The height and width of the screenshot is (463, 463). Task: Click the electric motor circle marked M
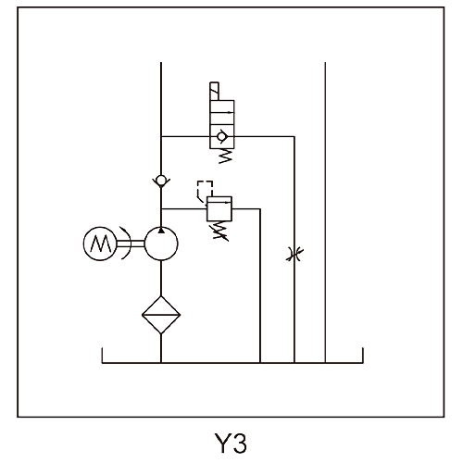pyautogui.click(x=100, y=244)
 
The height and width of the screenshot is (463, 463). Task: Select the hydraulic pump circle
pyautogui.click(x=161, y=244)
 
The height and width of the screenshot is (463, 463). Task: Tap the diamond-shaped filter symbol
pyautogui.click(x=161, y=315)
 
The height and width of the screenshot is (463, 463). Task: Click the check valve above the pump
pyautogui.click(x=161, y=181)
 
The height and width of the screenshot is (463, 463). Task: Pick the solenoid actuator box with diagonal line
pyautogui.click(x=214, y=91)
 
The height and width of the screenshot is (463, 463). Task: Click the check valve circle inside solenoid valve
pyautogui.click(x=221, y=136)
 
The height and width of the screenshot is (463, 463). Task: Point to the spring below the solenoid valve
pyautogui.click(x=225, y=156)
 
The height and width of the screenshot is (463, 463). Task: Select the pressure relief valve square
pyautogui.click(x=219, y=209)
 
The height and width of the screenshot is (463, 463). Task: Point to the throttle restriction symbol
pyautogui.click(x=294, y=255)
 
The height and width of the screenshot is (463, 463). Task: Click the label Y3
pyautogui.click(x=231, y=444)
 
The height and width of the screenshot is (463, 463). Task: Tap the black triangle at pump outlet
pyautogui.click(x=161, y=231)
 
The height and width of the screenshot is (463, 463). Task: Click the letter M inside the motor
pyautogui.click(x=100, y=244)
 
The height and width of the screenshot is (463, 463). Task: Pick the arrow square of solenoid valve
pyautogui.click(x=222, y=112)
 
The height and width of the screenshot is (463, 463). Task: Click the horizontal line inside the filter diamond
pyautogui.click(x=161, y=315)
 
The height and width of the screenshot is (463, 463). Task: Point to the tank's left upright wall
pyautogui.click(x=102, y=356)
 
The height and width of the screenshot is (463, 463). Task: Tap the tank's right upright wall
pyautogui.click(x=363, y=356)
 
